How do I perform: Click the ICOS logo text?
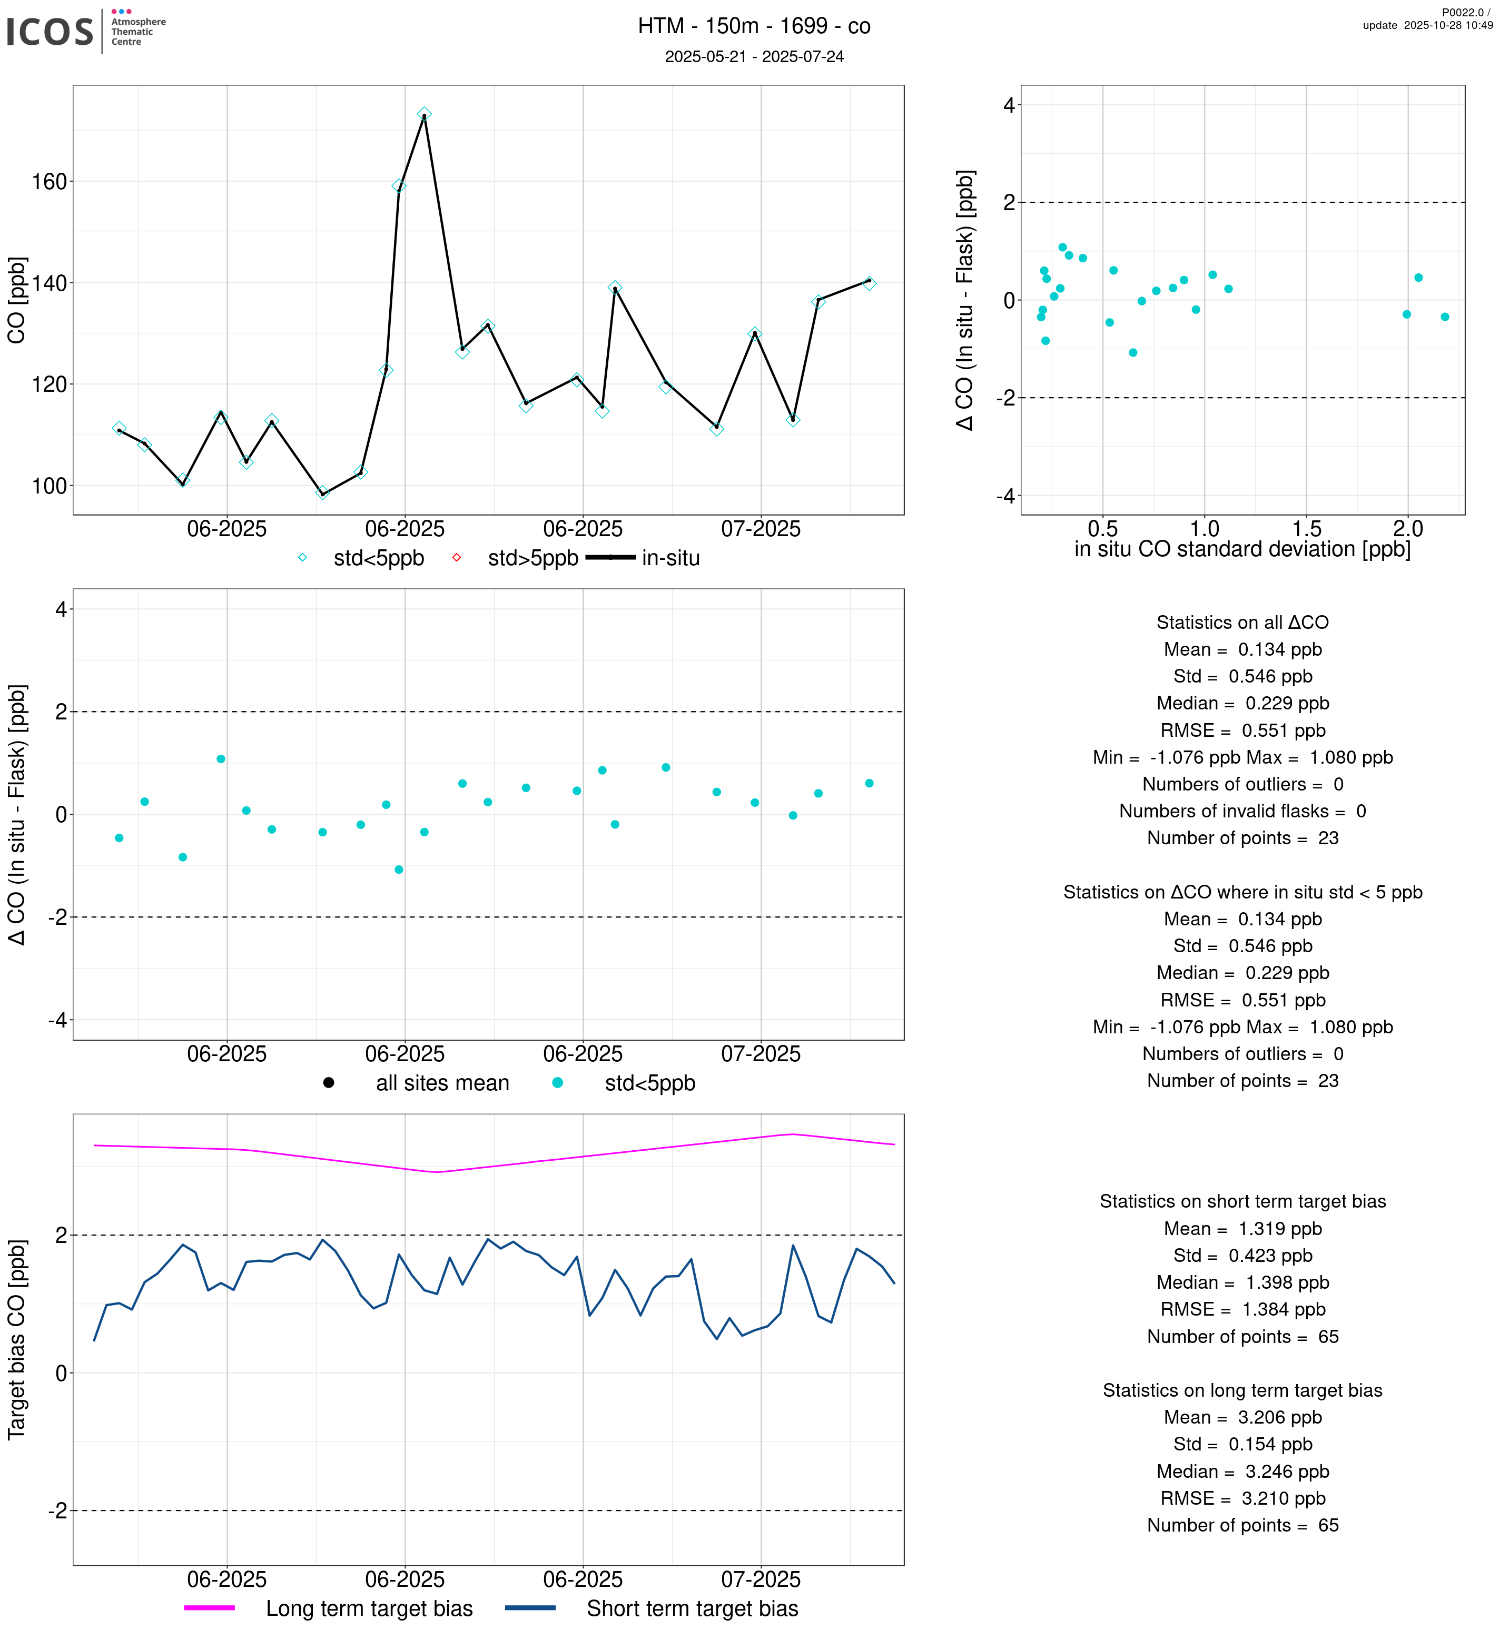(x=50, y=32)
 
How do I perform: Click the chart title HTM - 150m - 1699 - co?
(x=754, y=26)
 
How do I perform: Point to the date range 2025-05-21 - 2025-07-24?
(x=754, y=56)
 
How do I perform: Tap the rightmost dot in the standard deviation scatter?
(x=1445, y=317)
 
